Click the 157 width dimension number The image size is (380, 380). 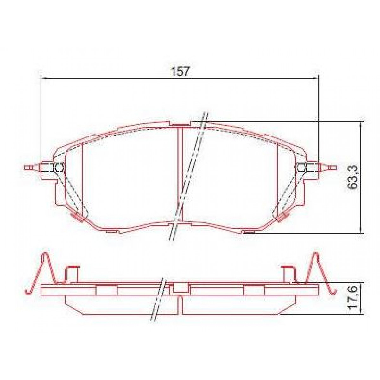180,71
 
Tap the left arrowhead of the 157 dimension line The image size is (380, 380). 44,78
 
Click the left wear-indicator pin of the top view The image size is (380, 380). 30,167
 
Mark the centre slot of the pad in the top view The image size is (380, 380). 180,171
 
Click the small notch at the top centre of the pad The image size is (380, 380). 180,124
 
